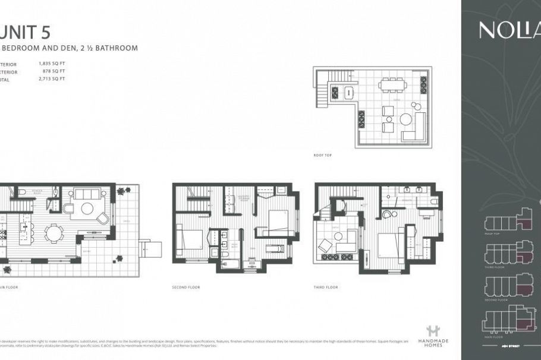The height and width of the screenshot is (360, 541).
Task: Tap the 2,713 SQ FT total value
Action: pos(51,78)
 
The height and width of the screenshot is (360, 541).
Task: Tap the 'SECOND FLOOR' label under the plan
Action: pos(186,287)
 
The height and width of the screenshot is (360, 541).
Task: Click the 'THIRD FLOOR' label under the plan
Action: pos(326,287)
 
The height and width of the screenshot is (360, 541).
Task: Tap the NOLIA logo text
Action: pos(508,30)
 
